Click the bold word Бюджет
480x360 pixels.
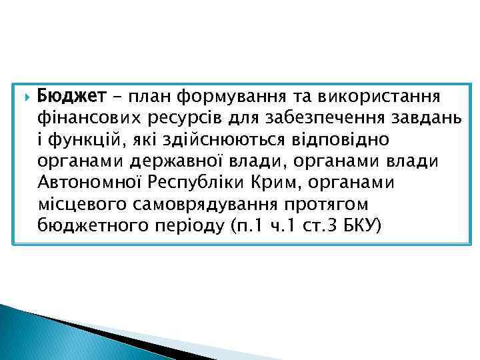[71, 97]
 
